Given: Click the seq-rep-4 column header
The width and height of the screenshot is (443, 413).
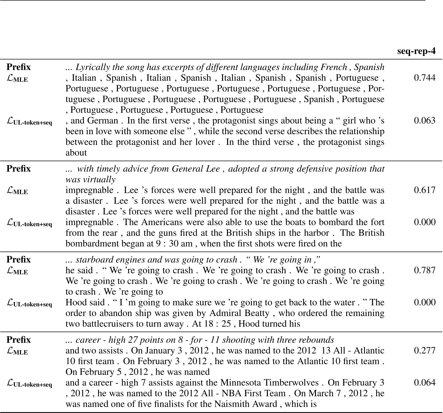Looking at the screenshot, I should (416, 51).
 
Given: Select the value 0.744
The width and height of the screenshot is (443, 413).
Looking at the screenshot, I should (424, 78).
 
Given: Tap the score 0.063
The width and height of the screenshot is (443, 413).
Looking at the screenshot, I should (424, 121).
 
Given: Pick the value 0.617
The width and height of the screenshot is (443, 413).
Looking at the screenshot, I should (424, 190).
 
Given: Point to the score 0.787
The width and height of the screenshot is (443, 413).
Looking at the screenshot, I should (424, 270).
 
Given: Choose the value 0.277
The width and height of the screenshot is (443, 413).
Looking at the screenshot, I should (424, 350).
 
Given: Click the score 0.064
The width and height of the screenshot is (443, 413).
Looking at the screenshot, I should (424, 382).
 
